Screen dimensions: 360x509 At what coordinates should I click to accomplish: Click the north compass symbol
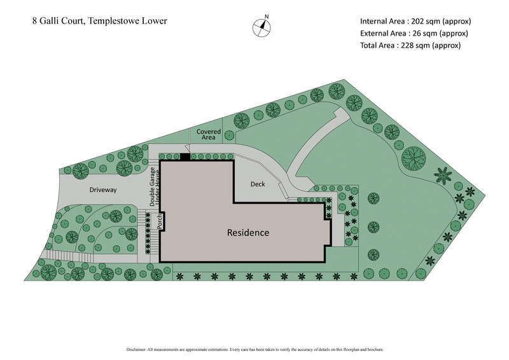pyautogui.click(x=261, y=27)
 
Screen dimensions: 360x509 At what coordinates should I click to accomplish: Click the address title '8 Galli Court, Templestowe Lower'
pyautogui.click(x=100, y=21)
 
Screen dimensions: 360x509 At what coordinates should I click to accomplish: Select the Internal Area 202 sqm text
pyautogui.click(x=415, y=20)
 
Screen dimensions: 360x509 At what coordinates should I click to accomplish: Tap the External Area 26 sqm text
pyautogui.click(x=414, y=33)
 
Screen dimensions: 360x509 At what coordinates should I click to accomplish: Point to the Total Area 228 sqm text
pyautogui.click(x=410, y=45)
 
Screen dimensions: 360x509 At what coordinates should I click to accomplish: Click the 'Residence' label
pyautogui.click(x=248, y=233)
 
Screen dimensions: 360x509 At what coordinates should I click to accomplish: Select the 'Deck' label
pyautogui.click(x=258, y=184)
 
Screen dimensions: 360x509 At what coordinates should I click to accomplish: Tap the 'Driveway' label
pyautogui.click(x=102, y=190)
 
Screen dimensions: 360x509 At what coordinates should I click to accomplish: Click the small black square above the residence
pyautogui.click(x=185, y=156)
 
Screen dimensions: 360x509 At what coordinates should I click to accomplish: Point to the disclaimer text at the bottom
pyautogui.click(x=254, y=349)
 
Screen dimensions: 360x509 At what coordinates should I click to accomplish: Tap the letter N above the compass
pyautogui.click(x=267, y=17)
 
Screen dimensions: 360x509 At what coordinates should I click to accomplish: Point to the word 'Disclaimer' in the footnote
pyautogui.click(x=136, y=349)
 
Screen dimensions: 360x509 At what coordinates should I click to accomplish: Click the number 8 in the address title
pyautogui.click(x=35, y=21)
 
